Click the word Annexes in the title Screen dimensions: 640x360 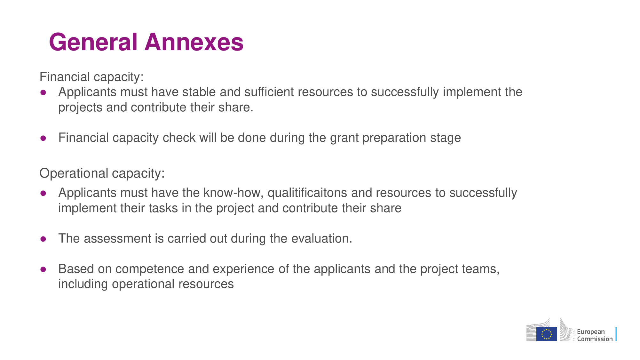tap(194, 42)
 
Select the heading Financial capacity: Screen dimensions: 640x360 tap(91, 77)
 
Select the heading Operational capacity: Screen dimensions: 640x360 tap(102, 173)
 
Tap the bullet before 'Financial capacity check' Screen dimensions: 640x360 tap(43, 138)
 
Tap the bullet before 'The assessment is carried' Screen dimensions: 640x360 tap(43, 239)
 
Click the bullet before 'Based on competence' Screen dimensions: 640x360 tap(43, 269)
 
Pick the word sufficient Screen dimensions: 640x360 tap(269, 92)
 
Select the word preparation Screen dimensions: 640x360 tap(394, 138)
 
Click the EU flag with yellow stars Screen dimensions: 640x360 tap(547, 334)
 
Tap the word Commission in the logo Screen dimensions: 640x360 tap(595, 339)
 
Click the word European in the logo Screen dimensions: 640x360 tap(591, 332)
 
